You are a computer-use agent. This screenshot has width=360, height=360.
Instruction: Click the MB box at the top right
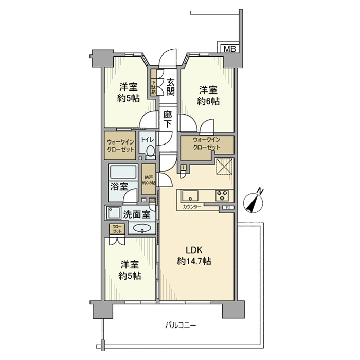tap(229, 49)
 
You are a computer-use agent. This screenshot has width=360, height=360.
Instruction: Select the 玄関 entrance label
tap(171, 87)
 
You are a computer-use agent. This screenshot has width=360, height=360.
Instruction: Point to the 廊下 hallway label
tap(168, 120)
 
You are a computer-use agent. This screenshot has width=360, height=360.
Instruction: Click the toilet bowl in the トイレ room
tap(149, 150)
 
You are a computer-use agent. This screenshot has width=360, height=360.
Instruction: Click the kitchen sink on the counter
tap(188, 195)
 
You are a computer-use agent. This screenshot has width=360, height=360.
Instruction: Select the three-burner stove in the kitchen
tap(222, 195)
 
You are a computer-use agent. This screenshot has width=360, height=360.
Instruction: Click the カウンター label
tap(191, 207)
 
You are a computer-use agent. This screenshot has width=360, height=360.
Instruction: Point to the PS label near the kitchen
tap(227, 208)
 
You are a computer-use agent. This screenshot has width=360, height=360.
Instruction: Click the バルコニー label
tap(181, 325)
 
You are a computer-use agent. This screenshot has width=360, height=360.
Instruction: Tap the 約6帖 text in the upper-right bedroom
tap(208, 101)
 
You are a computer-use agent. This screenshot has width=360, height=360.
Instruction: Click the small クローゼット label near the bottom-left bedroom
tap(115, 229)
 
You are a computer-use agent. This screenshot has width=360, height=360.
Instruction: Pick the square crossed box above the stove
tap(224, 167)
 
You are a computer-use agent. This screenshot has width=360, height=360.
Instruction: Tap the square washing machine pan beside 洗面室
tap(113, 213)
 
